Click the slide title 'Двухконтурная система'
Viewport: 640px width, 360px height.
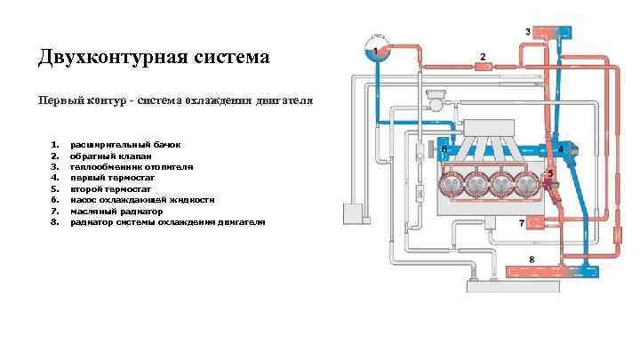click(153, 59)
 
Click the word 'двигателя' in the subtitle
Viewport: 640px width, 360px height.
click(283, 100)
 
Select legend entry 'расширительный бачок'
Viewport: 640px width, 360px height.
click(125, 143)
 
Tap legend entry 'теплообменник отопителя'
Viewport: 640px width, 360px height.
click(132, 166)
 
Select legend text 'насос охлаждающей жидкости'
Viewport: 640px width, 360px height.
click(142, 200)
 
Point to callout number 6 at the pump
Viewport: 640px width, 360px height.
click(444, 149)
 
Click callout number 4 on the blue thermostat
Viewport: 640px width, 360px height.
click(561, 148)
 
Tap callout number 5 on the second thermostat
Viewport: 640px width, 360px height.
click(551, 173)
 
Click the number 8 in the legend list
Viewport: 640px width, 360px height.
click(54, 222)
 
